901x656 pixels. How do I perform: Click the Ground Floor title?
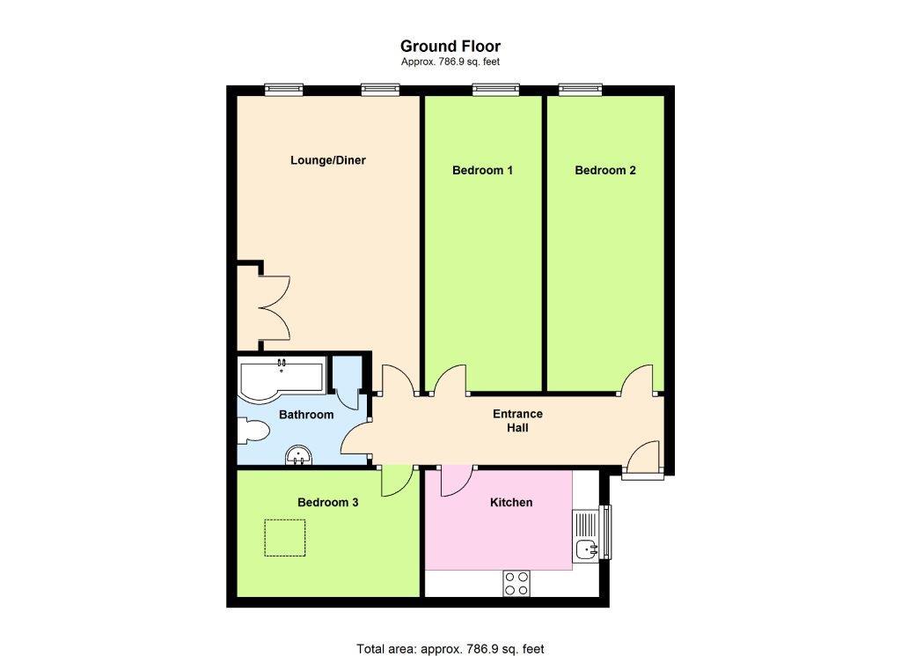click(x=450, y=46)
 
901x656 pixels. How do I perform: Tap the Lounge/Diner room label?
click(x=328, y=160)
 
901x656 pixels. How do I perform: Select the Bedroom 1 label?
click(x=483, y=170)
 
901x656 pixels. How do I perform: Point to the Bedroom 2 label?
click(x=605, y=170)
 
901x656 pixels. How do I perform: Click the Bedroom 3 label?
click(x=328, y=503)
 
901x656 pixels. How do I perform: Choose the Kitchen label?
click(x=511, y=503)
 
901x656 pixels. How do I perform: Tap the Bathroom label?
click(x=306, y=415)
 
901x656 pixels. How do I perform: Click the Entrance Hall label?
click(x=517, y=421)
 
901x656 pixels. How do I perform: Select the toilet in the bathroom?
click(x=253, y=431)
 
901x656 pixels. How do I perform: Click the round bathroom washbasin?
click(x=299, y=455)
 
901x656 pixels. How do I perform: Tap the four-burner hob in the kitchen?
click(x=516, y=583)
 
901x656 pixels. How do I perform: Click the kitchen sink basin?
click(x=587, y=549)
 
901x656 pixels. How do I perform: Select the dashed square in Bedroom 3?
click(x=284, y=537)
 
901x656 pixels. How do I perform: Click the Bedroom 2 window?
click(x=581, y=89)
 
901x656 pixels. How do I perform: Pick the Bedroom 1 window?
click(x=496, y=89)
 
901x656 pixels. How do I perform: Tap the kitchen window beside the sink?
click(x=605, y=532)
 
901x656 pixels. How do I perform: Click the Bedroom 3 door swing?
click(x=397, y=481)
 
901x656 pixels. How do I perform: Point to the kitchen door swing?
click(x=457, y=481)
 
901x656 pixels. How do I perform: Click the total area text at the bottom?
click(x=450, y=649)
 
